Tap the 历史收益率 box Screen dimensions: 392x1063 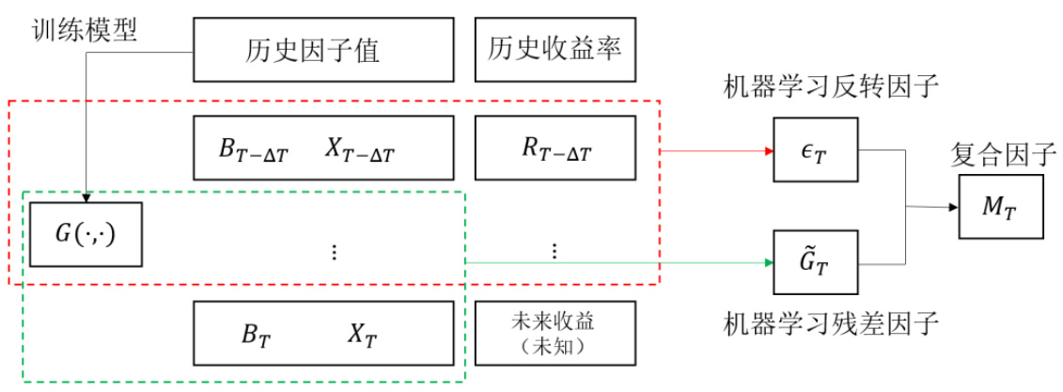pos(555,50)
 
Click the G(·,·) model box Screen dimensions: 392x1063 pos(86,232)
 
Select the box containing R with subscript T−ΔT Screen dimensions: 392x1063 pos(555,148)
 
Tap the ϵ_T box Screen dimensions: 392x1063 pos(815,149)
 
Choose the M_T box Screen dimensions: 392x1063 pos(1001,206)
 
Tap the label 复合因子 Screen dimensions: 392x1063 pos(1002,151)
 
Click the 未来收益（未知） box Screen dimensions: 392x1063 pos(555,333)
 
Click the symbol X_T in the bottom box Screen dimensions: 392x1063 pos(360,333)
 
